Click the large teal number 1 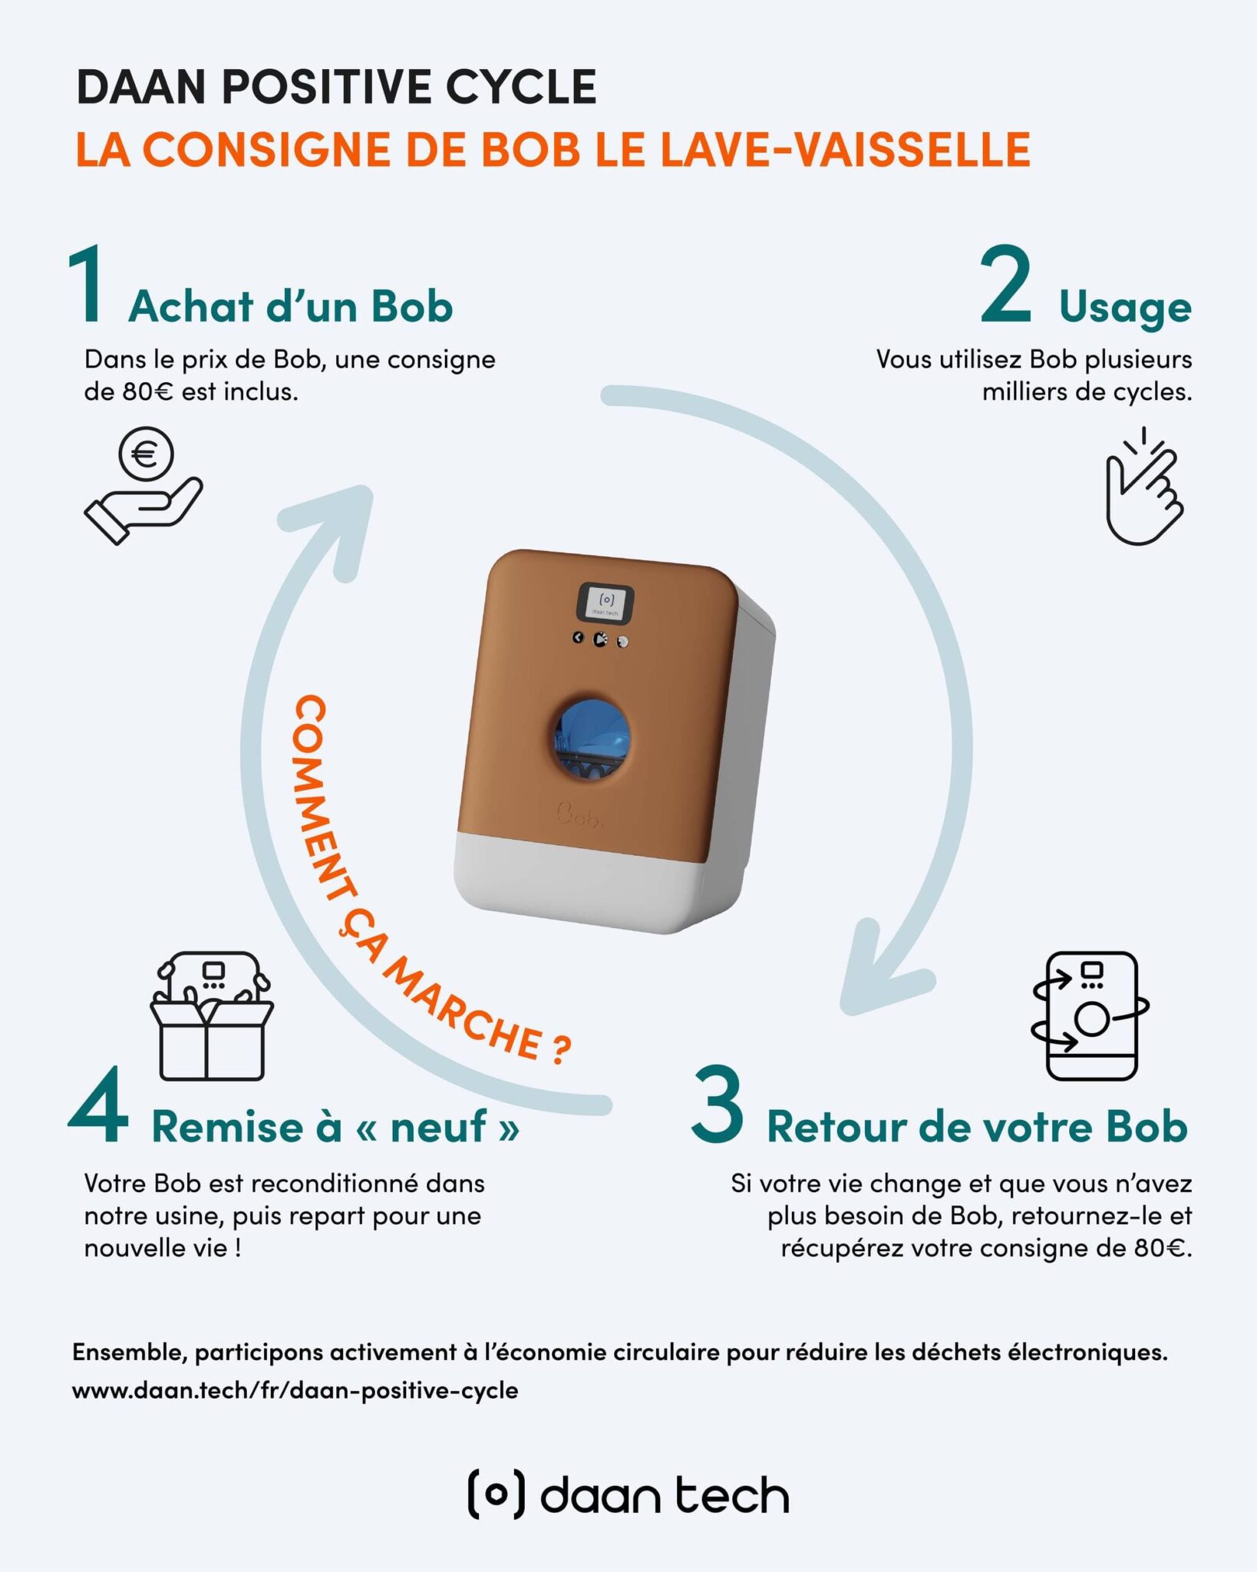coord(86,284)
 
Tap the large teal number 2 coord(1006,284)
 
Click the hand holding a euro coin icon coord(144,486)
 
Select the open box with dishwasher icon coord(212,1016)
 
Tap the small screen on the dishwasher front coord(605,603)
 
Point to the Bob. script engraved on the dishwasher coord(580,816)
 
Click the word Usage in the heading coord(1125,307)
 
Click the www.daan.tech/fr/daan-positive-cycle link coord(295,1390)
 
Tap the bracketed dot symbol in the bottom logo coord(497,1494)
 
